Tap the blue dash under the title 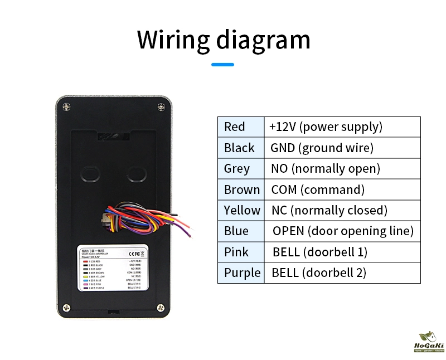click(x=222, y=65)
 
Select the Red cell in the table click(x=235, y=127)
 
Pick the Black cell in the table click(x=239, y=148)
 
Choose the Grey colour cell click(x=237, y=168)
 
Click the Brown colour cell click(x=242, y=189)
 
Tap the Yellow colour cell click(x=242, y=210)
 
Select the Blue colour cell click(x=236, y=231)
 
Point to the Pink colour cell click(x=236, y=252)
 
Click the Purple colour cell click(x=242, y=273)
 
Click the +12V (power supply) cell click(x=326, y=127)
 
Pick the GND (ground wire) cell click(x=322, y=148)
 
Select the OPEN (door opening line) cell click(x=343, y=231)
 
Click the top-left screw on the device click(x=66, y=105)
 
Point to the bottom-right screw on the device click(x=161, y=307)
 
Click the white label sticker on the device click(x=113, y=269)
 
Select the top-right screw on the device click(x=161, y=105)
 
